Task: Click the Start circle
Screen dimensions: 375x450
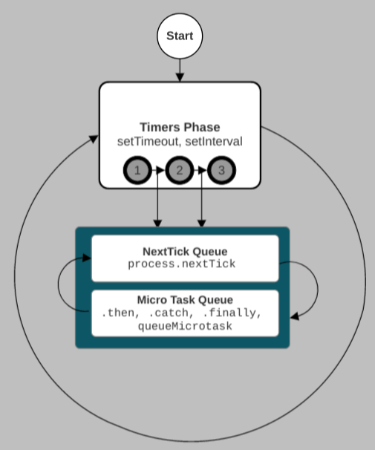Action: pyautogui.click(x=180, y=36)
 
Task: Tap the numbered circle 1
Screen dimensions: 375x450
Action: pyautogui.click(x=137, y=170)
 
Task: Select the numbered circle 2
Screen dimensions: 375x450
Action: pyautogui.click(x=180, y=170)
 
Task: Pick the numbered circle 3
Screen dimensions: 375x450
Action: pyautogui.click(x=221, y=170)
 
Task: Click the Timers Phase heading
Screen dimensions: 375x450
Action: pyautogui.click(x=180, y=127)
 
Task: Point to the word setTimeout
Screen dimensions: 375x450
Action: pyautogui.click(x=148, y=142)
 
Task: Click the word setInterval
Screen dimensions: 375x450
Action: pyautogui.click(x=214, y=142)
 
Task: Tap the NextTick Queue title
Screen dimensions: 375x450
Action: pyautogui.click(x=185, y=252)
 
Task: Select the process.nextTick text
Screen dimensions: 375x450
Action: pyautogui.click(x=182, y=264)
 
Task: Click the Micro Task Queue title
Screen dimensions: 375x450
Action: pyautogui.click(x=185, y=299)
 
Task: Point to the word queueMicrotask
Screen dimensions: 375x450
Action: pyautogui.click(x=185, y=326)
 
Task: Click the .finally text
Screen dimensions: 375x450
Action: pyautogui.click(x=232, y=313)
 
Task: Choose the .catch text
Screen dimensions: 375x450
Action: pyautogui.click(x=172, y=313)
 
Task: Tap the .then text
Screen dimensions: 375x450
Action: pyautogui.click(x=120, y=313)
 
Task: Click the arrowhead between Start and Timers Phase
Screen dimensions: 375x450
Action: pyautogui.click(x=180, y=77)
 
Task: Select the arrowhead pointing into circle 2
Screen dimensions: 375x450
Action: pyautogui.click(x=160, y=170)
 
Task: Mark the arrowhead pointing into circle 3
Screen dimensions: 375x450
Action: pyautogui.click(x=202, y=170)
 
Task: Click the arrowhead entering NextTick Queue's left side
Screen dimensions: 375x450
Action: pyautogui.click(x=87, y=258)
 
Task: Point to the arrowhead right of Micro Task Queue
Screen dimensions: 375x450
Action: pyautogui.click(x=295, y=316)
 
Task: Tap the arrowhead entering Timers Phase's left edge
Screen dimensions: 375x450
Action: pyautogui.click(x=94, y=139)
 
